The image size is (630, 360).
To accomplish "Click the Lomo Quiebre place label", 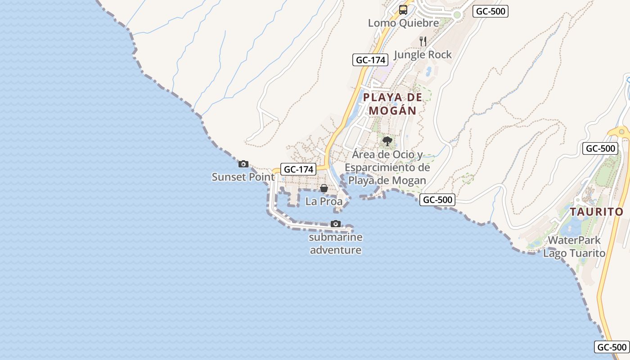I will [403, 23].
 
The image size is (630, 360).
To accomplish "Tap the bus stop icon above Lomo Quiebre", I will [403, 10].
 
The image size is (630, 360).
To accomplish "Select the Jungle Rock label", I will [423, 55].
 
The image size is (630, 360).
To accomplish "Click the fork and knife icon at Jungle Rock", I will [423, 41].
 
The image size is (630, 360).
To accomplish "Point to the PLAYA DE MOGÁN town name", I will [393, 103].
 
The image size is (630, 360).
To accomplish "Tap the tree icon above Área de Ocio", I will [387, 141].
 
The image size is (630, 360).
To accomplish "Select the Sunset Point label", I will [243, 177].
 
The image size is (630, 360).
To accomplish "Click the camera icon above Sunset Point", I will [243, 164].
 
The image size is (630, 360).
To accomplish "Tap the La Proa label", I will [324, 202].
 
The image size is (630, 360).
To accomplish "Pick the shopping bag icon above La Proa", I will [324, 188].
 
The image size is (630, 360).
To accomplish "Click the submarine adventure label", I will [336, 243].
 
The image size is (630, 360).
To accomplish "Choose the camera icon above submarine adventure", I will [336, 224].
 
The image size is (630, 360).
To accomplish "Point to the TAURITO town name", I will [597, 211].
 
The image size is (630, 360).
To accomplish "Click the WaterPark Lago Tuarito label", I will [574, 247].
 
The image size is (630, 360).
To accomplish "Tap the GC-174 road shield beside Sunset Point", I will [298, 169].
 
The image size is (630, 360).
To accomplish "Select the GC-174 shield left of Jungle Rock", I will [370, 60].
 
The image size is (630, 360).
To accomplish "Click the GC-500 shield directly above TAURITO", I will [600, 148].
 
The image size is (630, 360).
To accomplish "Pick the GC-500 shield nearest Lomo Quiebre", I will [490, 11].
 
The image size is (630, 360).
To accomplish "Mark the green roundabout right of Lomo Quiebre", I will [457, 15].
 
